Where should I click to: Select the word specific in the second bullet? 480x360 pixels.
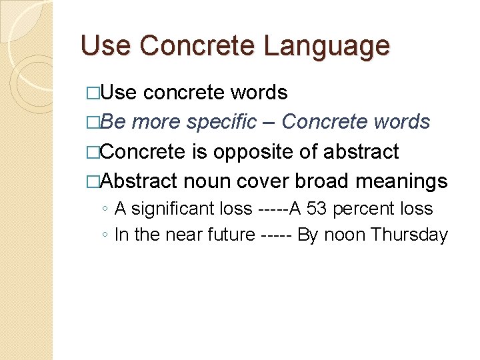[221, 122]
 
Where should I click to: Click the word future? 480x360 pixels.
[231, 235]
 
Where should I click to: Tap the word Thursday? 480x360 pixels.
[409, 235]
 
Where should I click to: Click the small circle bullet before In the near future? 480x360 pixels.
[105, 235]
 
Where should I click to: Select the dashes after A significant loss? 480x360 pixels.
[272, 209]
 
